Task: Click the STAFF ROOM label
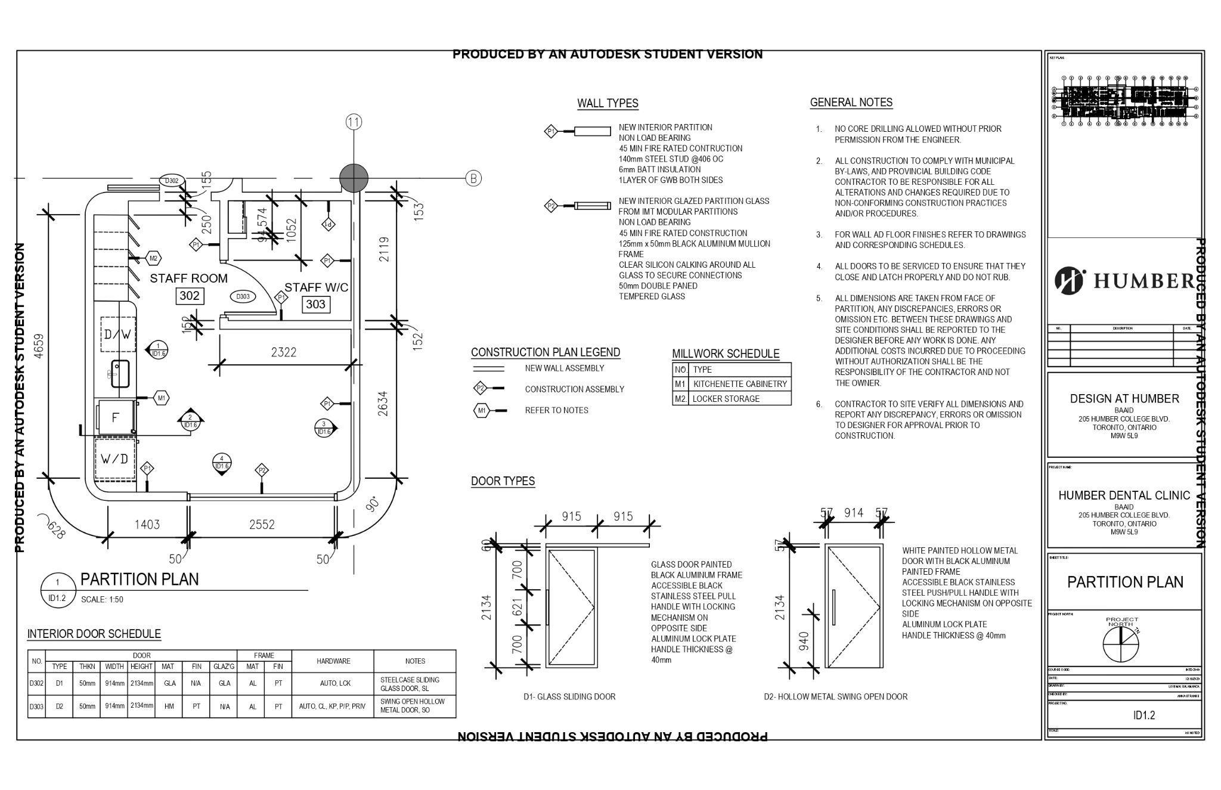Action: tap(188, 278)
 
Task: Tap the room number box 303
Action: tap(315, 305)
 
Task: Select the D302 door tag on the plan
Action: tap(172, 181)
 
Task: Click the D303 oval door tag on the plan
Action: tap(243, 296)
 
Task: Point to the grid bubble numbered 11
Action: tap(354, 122)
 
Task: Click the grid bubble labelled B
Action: tap(473, 178)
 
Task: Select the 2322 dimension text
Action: tap(283, 352)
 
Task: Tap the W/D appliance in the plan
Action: tap(114, 459)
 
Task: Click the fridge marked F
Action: tap(116, 417)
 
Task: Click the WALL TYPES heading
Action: tap(608, 103)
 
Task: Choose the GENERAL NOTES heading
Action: tap(851, 103)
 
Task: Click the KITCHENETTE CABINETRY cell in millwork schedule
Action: tap(740, 384)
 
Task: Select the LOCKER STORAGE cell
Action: tap(726, 399)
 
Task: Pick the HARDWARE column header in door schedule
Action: tap(333, 661)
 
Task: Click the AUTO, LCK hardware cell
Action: tap(333, 684)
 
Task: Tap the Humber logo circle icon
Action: tap(1070, 281)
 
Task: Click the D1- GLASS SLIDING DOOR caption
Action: tap(569, 696)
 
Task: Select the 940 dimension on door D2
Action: tap(804, 641)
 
